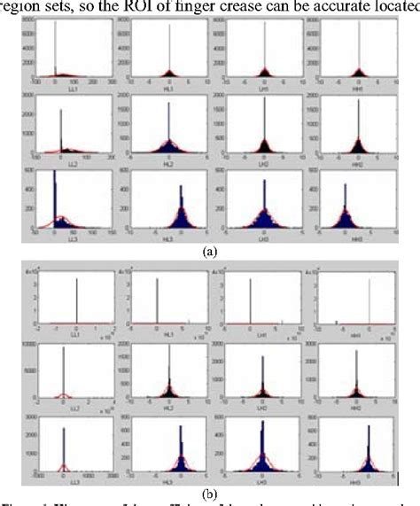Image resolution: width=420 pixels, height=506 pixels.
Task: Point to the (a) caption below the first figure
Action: click(x=210, y=252)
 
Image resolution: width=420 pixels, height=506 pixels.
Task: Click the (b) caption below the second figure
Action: click(x=210, y=487)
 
